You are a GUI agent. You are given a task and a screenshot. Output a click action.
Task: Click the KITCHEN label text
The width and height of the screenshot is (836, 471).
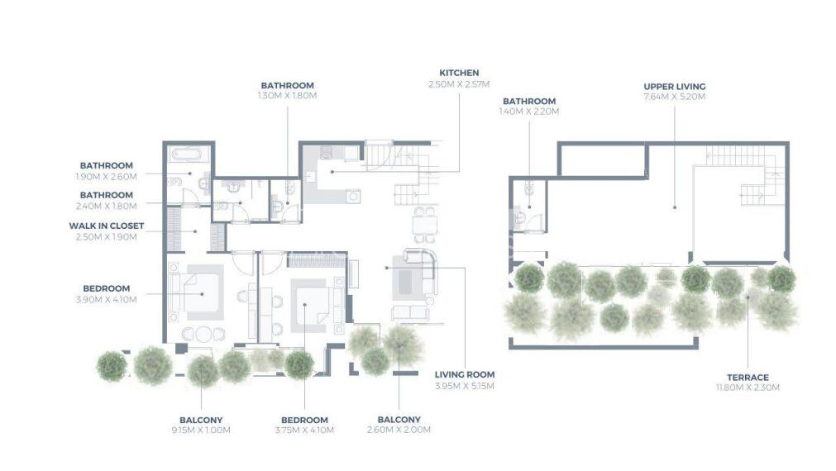[459, 73]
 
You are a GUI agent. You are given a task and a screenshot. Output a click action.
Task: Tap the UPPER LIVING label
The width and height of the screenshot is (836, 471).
[675, 86]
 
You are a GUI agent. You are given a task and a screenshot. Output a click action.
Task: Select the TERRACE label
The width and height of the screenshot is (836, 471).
[748, 378]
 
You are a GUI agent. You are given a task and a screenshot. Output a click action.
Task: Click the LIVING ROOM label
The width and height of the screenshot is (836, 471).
[465, 374]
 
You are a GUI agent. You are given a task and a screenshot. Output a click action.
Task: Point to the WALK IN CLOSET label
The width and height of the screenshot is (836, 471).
[106, 226]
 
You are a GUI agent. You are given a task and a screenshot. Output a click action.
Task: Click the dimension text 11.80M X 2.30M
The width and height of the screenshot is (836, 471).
[748, 388]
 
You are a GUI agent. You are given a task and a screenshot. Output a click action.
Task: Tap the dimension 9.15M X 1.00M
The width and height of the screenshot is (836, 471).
[201, 430]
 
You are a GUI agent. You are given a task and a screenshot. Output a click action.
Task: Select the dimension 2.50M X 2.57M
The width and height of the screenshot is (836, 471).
[459, 84]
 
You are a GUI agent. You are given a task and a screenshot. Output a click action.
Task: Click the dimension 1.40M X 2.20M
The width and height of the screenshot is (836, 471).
[529, 112]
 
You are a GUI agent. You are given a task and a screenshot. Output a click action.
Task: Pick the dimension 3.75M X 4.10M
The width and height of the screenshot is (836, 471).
[304, 430]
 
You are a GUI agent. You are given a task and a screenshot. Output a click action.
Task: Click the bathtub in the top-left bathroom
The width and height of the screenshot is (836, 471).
[186, 155]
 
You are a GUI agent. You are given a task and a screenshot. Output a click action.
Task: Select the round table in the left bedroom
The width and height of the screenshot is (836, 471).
[203, 335]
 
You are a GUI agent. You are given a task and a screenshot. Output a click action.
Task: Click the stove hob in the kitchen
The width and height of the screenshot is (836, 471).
[326, 152]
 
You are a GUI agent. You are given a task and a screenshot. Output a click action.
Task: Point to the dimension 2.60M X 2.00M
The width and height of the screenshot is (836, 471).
[399, 430]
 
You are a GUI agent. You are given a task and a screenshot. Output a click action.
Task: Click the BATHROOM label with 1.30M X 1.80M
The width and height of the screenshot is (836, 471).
[288, 85]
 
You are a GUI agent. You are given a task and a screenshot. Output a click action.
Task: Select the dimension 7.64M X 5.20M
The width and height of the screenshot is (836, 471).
[675, 97]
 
